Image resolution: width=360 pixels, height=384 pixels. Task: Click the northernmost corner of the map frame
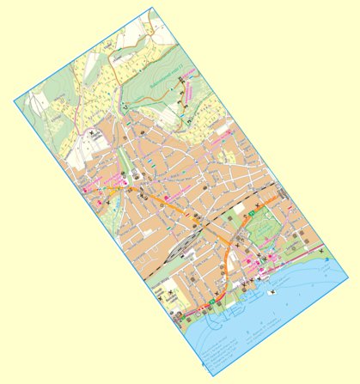pos(151,6)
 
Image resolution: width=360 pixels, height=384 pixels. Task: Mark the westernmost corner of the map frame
pos(14,102)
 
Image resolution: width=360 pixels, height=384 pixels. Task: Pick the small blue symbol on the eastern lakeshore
pos(327,259)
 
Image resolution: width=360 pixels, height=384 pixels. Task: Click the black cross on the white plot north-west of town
pos(94,135)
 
